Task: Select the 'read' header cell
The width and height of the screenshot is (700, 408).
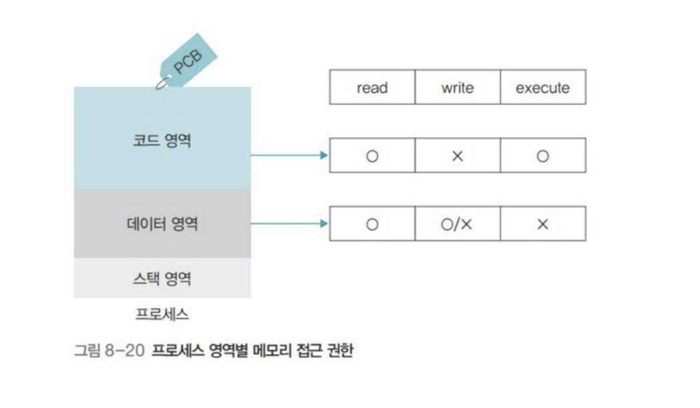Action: click(372, 88)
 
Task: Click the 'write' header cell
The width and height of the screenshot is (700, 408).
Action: click(458, 88)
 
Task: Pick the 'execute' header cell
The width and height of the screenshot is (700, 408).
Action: click(542, 88)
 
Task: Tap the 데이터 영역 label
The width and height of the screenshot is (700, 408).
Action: click(162, 223)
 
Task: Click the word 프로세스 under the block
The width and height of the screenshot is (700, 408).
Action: click(162, 313)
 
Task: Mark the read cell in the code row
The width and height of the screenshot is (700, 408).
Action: click(372, 156)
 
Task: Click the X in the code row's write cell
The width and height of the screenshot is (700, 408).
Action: click(458, 156)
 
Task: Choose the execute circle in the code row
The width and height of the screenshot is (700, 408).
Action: click(542, 156)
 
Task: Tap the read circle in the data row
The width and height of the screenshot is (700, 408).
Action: click(372, 224)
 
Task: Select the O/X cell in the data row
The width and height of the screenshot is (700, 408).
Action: click(458, 224)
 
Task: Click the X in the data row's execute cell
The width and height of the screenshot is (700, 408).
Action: click(542, 224)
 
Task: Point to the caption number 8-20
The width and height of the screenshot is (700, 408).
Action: click(125, 350)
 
